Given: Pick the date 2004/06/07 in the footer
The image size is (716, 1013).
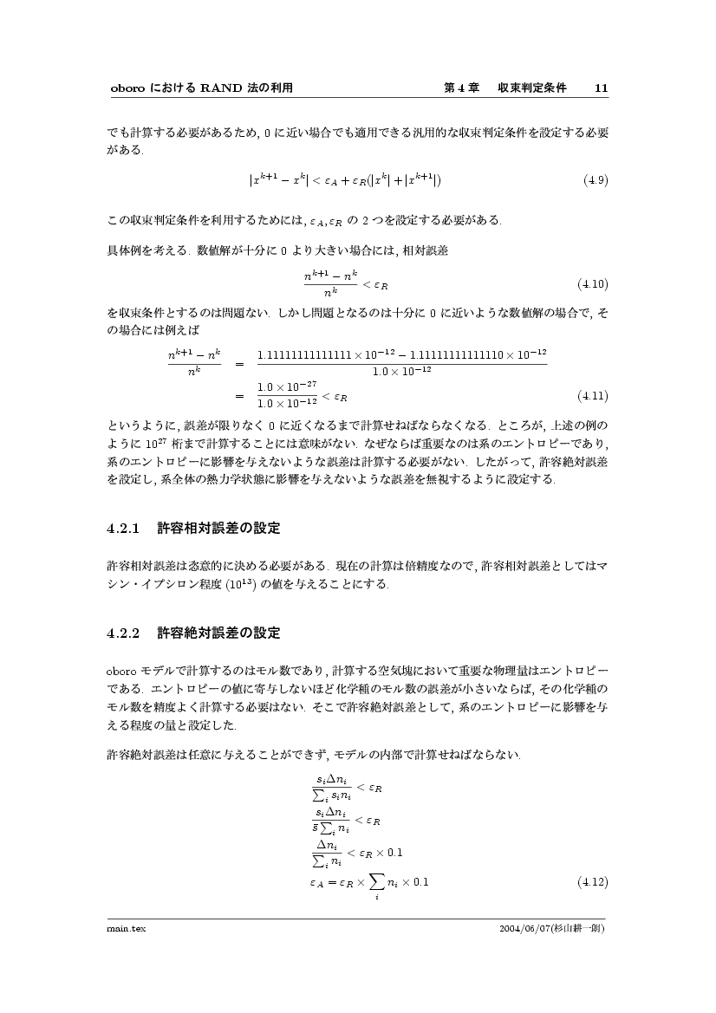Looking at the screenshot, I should coord(517,928).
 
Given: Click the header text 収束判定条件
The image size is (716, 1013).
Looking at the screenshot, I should coord(531,88).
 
